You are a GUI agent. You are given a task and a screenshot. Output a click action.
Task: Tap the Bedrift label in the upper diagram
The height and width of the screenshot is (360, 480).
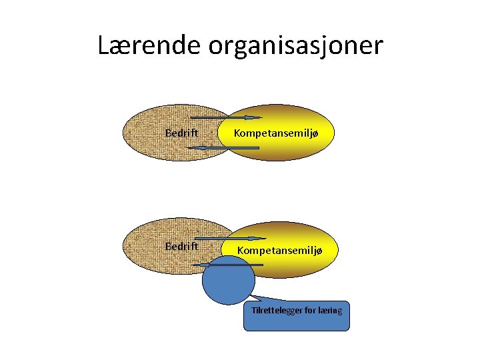181,133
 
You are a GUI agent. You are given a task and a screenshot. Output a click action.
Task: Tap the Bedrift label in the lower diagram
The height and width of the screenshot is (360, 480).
181,246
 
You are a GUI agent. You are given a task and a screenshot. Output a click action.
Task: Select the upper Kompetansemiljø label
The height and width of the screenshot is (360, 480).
276,133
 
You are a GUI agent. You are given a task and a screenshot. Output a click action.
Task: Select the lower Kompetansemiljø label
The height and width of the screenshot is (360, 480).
280,250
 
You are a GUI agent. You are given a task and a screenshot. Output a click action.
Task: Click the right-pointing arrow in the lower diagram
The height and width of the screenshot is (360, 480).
227,239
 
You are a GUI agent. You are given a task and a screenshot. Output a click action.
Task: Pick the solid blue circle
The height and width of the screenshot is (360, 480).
229,284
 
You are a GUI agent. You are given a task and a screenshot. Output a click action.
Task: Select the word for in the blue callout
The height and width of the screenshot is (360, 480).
310,310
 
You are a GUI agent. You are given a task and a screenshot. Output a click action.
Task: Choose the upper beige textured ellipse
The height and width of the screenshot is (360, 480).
160,133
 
